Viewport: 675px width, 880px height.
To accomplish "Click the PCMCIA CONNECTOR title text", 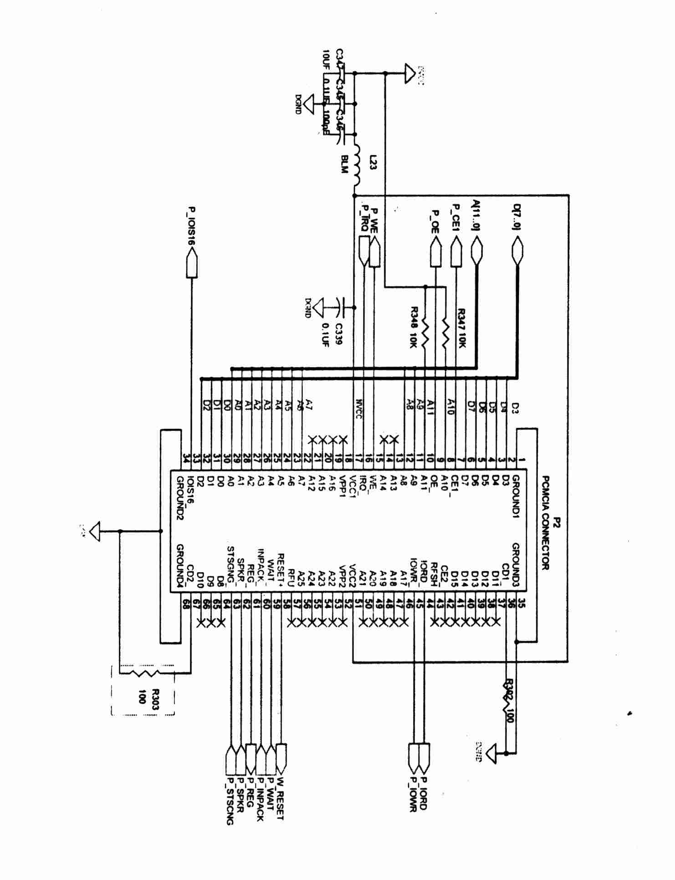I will tap(546, 523).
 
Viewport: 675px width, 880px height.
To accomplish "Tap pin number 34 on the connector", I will tap(186, 458).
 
